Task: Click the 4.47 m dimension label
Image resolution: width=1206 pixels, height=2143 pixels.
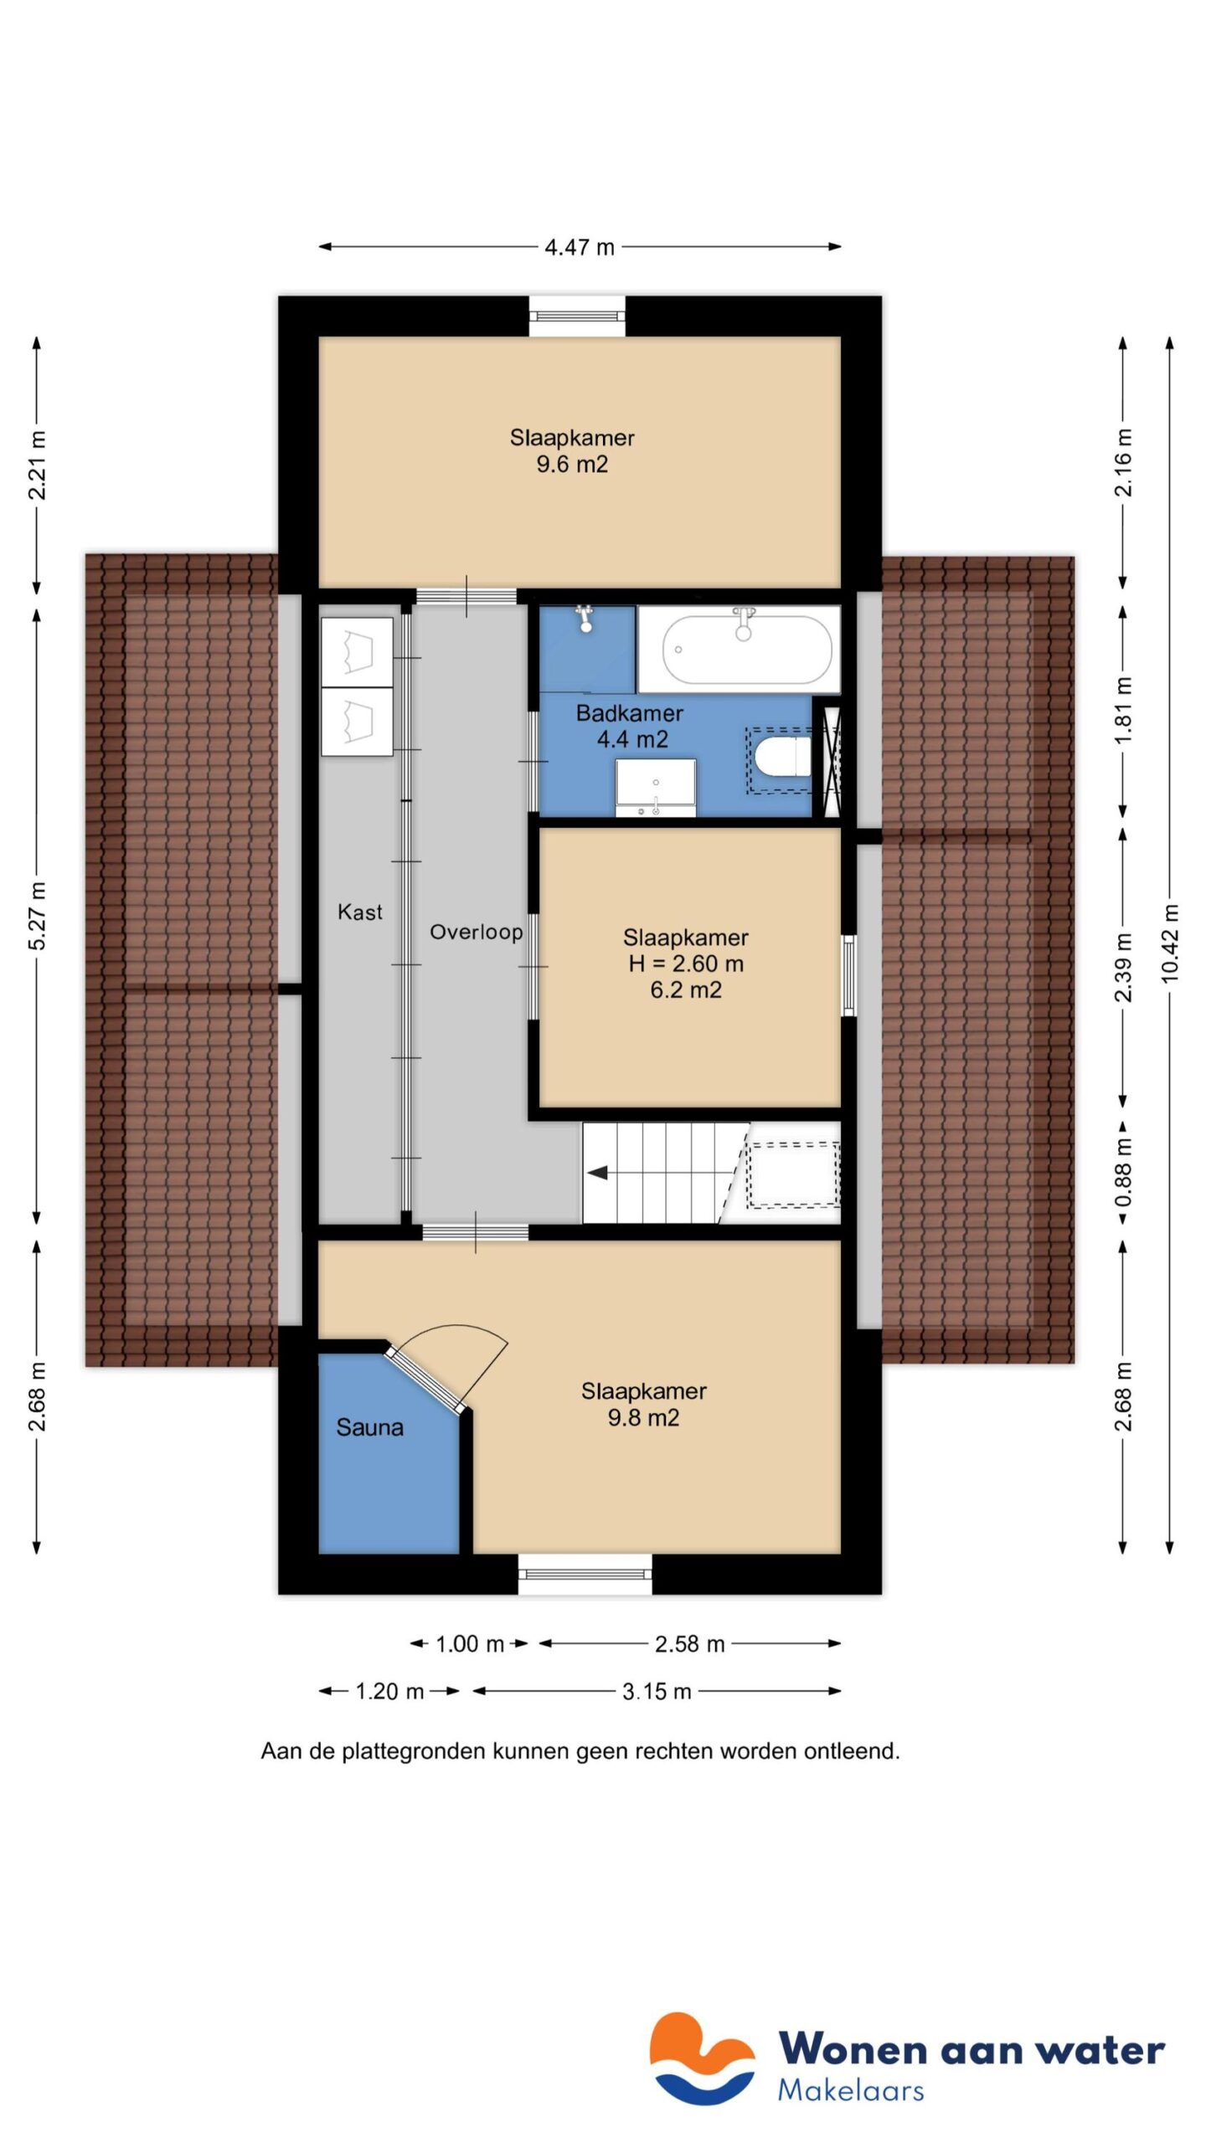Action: (x=579, y=247)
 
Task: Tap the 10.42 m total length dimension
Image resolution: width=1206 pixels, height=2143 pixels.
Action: (x=1170, y=943)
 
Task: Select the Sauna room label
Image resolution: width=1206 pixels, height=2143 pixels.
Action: (x=369, y=1427)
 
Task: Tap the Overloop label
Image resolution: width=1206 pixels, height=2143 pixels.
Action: (x=476, y=932)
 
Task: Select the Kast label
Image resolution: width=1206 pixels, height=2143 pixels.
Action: (x=359, y=912)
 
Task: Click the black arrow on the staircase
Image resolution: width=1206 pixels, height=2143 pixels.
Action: (x=597, y=1173)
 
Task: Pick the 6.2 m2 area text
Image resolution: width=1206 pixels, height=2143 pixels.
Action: (x=686, y=990)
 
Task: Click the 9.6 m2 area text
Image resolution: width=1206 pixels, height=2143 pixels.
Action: (x=572, y=465)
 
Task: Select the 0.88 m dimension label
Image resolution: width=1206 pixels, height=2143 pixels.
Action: (x=1123, y=1171)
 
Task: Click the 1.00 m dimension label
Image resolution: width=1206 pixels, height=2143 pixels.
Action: (x=469, y=1644)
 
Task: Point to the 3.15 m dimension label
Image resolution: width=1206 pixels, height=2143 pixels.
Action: (x=656, y=1692)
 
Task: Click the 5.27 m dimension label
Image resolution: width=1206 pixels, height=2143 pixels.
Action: (x=38, y=915)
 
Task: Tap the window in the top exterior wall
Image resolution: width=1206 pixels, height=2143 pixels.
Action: (x=577, y=316)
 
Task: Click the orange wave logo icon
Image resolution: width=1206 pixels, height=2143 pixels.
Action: (x=702, y=2058)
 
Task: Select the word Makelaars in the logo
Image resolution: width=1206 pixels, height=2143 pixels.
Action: (x=850, y=2090)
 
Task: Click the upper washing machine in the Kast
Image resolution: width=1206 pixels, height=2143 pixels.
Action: (x=357, y=652)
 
